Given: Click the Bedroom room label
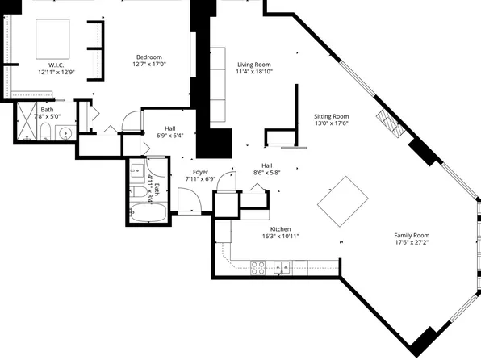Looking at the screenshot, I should coord(148,57).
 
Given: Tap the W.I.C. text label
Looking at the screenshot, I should coord(56,65).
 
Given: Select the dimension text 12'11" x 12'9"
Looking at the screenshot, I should coord(56,72).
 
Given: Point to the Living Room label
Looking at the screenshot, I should coord(253,65).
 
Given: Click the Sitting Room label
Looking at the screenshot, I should coord(331,116).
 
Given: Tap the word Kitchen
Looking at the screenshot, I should coord(280,229).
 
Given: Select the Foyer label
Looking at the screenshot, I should coord(199,170).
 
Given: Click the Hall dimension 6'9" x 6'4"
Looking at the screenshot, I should coord(170,136).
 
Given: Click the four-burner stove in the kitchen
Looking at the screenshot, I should coord(260,267).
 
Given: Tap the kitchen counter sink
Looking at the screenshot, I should coord(282,267).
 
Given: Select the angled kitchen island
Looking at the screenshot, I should coord(344,202).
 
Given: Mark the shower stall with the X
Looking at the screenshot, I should coord(26,125).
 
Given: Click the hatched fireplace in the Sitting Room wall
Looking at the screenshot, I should coord(391,122).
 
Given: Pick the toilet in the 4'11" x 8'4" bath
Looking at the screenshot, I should coord(138,196).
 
